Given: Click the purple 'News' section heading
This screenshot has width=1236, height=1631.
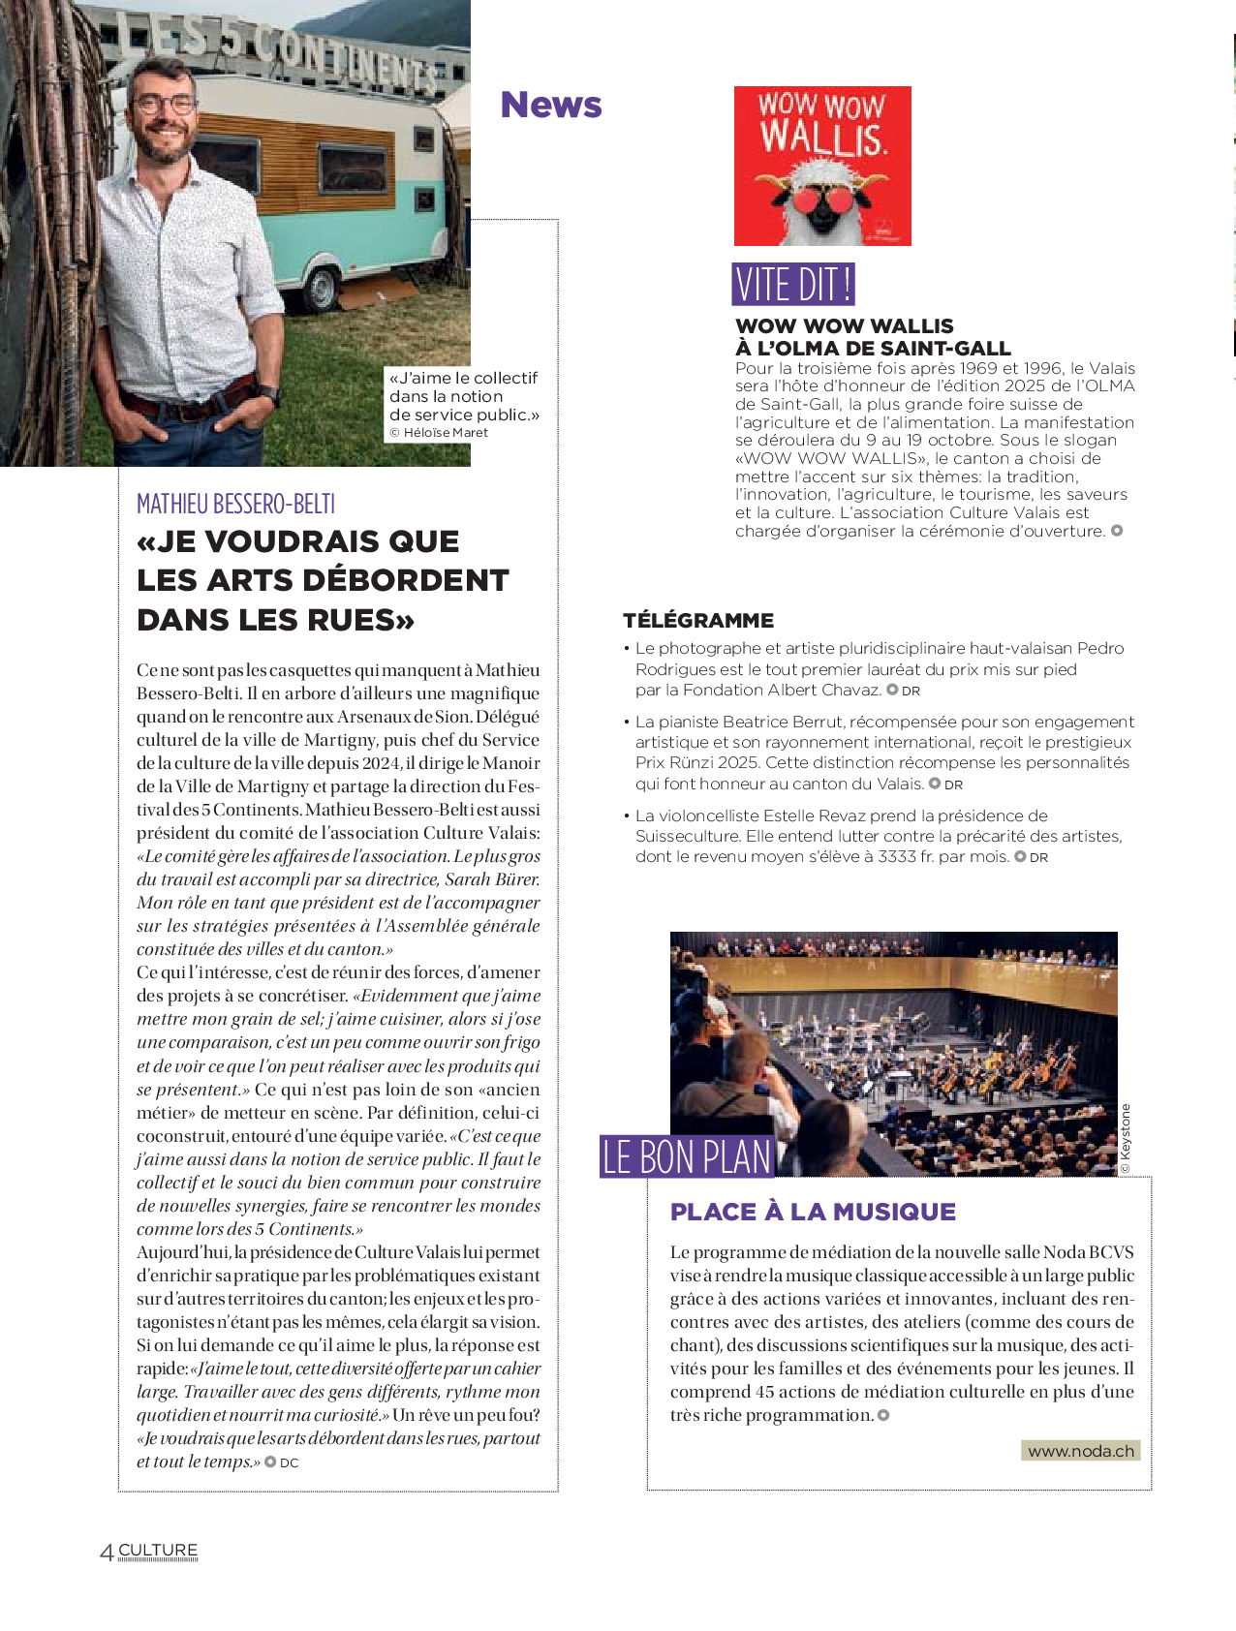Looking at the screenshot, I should [550, 105].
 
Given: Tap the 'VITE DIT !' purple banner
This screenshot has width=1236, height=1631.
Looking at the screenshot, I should [793, 285].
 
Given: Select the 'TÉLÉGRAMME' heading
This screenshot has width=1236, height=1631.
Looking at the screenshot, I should [698, 620].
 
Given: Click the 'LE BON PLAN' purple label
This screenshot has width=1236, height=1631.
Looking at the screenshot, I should [687, 1157].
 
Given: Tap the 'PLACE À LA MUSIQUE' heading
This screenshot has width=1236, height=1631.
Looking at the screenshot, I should [813, 1212].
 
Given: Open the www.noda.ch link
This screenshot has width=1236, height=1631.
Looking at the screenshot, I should [1080, 1451].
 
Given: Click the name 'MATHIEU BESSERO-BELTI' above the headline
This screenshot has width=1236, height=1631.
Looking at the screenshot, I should [235, 504].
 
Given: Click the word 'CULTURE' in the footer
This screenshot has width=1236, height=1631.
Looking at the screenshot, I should [158, 1550].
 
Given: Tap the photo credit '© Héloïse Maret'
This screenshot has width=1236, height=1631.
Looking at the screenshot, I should [439, 433].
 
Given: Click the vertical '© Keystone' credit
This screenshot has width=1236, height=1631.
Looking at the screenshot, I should [1125, 1139].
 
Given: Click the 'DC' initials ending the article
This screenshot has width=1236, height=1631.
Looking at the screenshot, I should [290, 1463].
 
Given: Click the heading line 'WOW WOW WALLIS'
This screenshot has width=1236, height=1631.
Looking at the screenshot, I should [844, 326].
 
